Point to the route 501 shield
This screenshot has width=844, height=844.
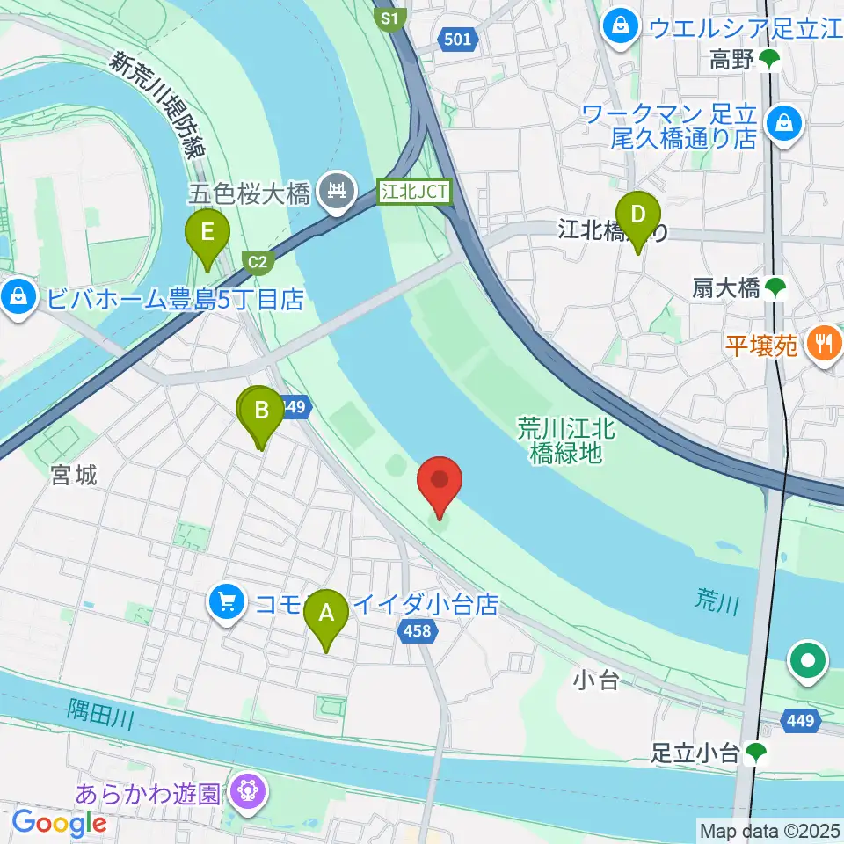click(x=458, y=39)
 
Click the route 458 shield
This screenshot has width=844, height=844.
click(x=418, y=629)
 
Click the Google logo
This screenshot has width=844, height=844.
click(x=59, y=824)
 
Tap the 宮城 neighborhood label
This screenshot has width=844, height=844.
click(x=74, y=476)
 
